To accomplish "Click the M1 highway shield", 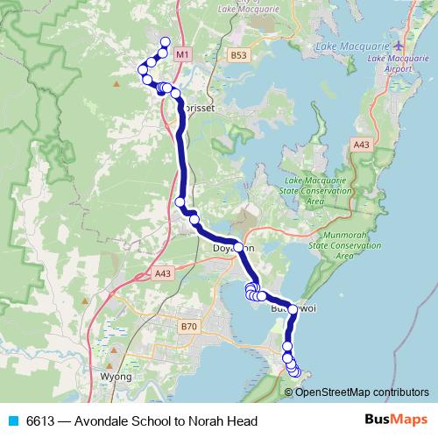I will pyautogui.click(x=181, y=54).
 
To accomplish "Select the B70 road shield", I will pyautogui.click(x=188, y=327).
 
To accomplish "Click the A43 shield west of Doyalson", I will pyautogui.click(x=162, y=274).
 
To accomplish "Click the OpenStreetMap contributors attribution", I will pyautogui.click(x=362, y=392).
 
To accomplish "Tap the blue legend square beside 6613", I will pyautogui.click(x=13, y=421).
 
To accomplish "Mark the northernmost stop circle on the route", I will pyautogui.click(x=166, y=43).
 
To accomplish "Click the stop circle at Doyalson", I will pyautogui.click(x=238, y=248).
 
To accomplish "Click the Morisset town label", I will pyautogui.click(x=198, y=101).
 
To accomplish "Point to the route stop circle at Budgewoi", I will pyautogui.click(x=293, y=309).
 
